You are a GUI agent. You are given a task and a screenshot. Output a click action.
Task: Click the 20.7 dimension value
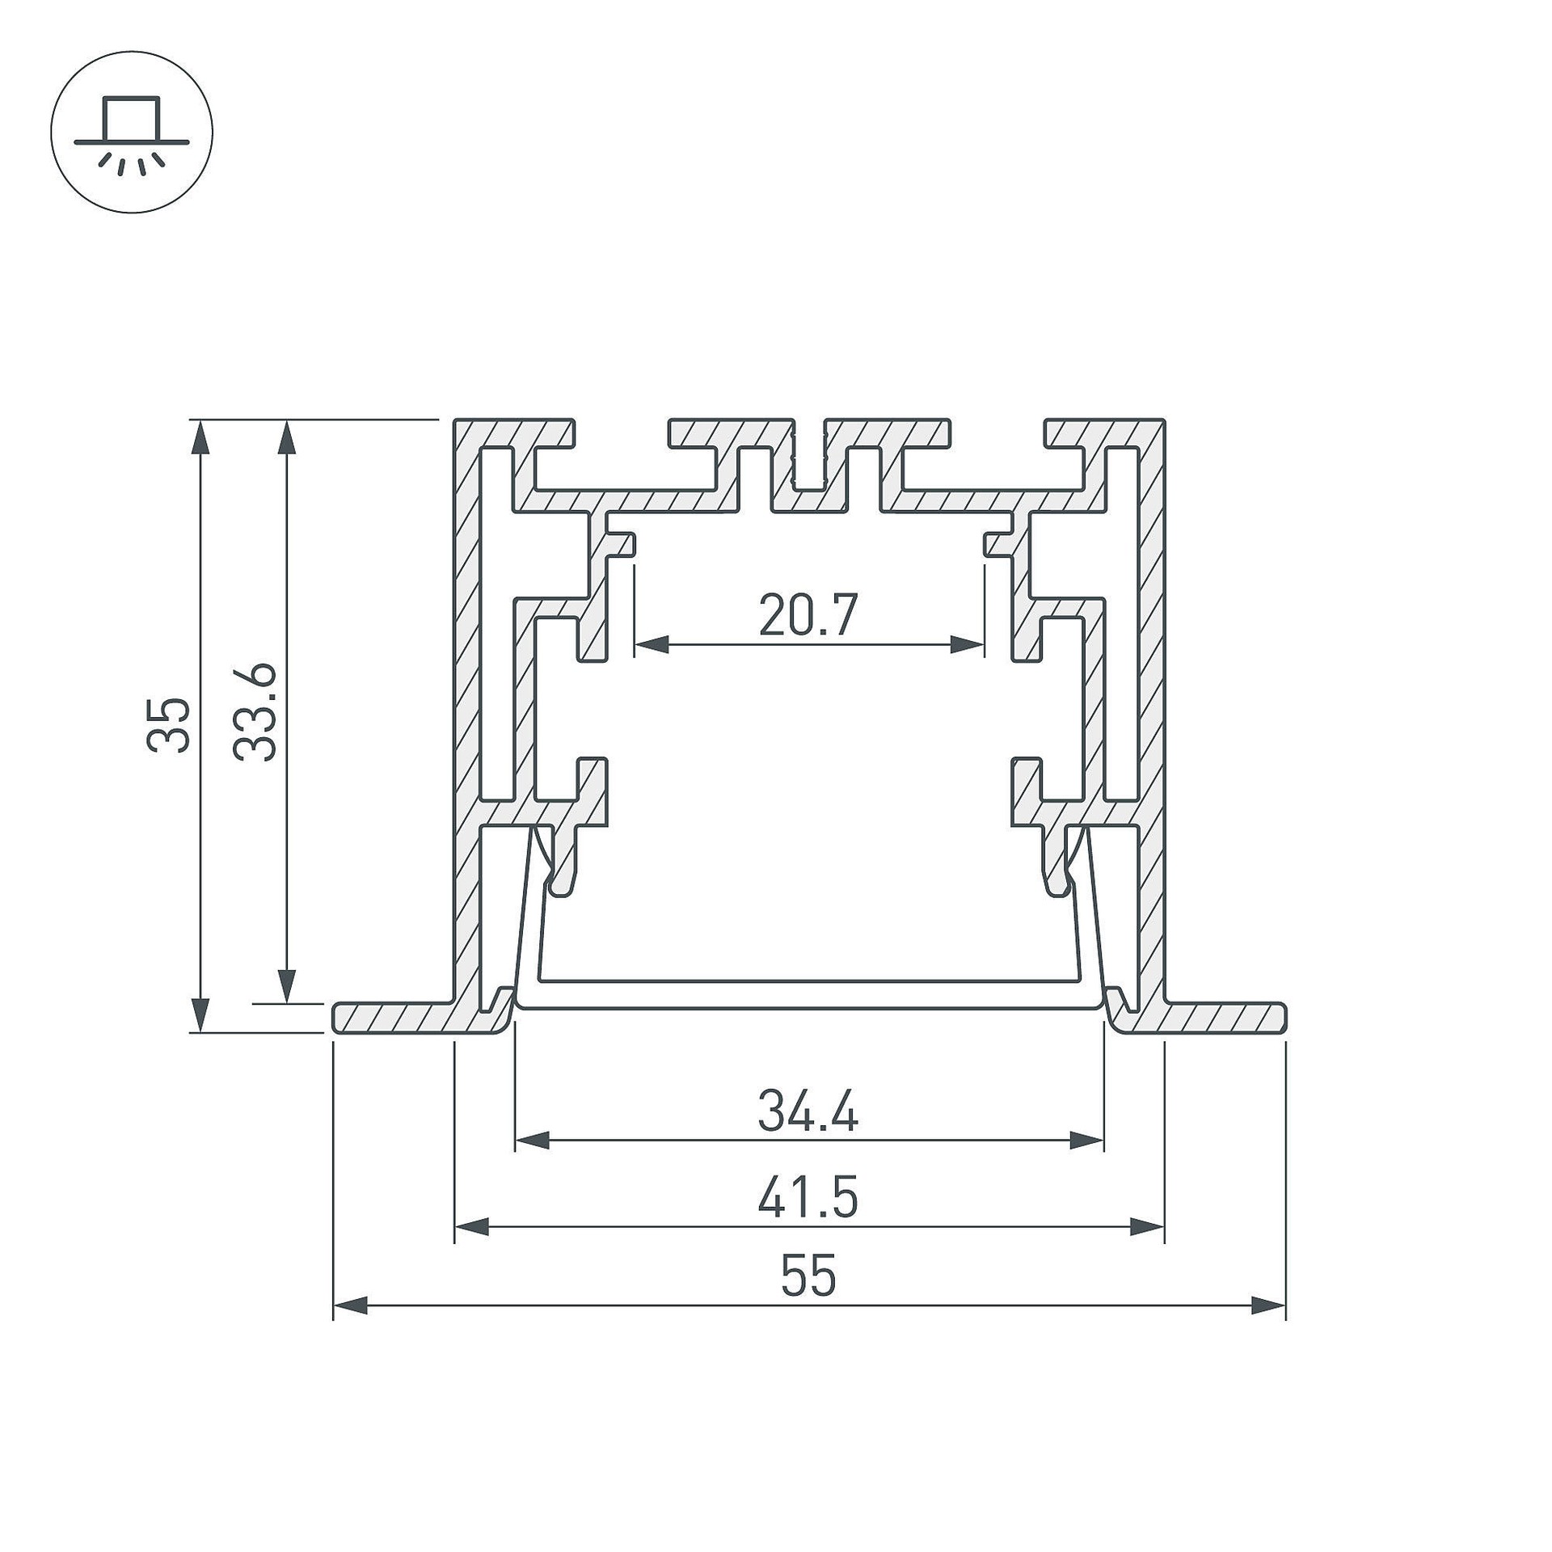[x=808, y=615]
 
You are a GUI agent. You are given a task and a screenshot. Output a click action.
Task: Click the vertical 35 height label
[x=169, y=724]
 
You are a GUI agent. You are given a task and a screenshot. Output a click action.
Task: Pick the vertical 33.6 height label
[x=255, y=712]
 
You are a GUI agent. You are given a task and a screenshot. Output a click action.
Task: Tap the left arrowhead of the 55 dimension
[x=351, y=1305]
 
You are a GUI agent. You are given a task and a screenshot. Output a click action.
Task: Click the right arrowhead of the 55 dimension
[x=1268, y=1305]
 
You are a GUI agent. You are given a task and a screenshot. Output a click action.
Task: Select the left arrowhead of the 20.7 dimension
[x=652, y=645]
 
